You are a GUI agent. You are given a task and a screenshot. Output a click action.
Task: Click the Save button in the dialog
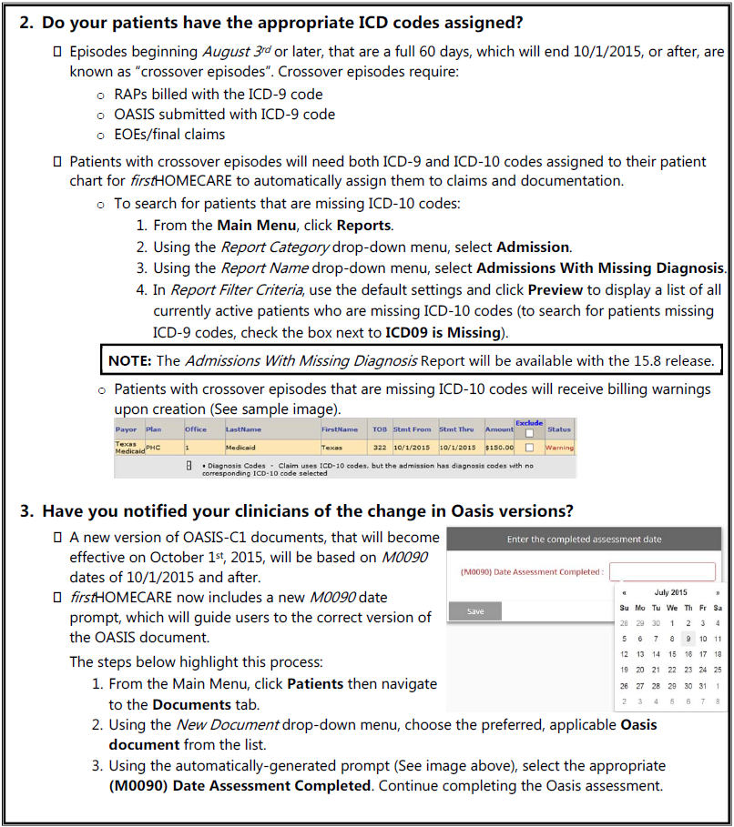pos(475,611)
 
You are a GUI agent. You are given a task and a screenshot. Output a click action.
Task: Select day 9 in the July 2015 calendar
pos(689,639)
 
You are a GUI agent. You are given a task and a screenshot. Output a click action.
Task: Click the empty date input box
pos(662,572)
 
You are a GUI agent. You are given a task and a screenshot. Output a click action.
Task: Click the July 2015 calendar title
pos(670,592)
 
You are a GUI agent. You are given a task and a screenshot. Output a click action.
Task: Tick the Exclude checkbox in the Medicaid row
pos(529,448)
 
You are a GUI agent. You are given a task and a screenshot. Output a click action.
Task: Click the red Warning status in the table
pos(559,448)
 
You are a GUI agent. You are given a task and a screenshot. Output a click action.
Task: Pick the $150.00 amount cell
pos(499,448)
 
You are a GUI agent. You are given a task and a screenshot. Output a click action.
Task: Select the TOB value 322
pos(379,448)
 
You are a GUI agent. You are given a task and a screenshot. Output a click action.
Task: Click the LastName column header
pos(243,429)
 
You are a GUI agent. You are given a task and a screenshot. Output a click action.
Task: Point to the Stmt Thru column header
pos(457,429)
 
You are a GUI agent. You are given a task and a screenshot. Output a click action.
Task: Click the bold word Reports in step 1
pos(364,225)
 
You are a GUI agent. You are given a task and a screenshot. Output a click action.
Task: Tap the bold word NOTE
pos(130,360)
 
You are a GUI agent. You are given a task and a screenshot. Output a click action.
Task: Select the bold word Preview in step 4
pos(556,289)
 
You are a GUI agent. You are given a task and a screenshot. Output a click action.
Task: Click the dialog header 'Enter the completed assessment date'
pos(584,540)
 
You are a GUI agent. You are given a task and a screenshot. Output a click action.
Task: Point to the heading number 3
pos(26,510)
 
